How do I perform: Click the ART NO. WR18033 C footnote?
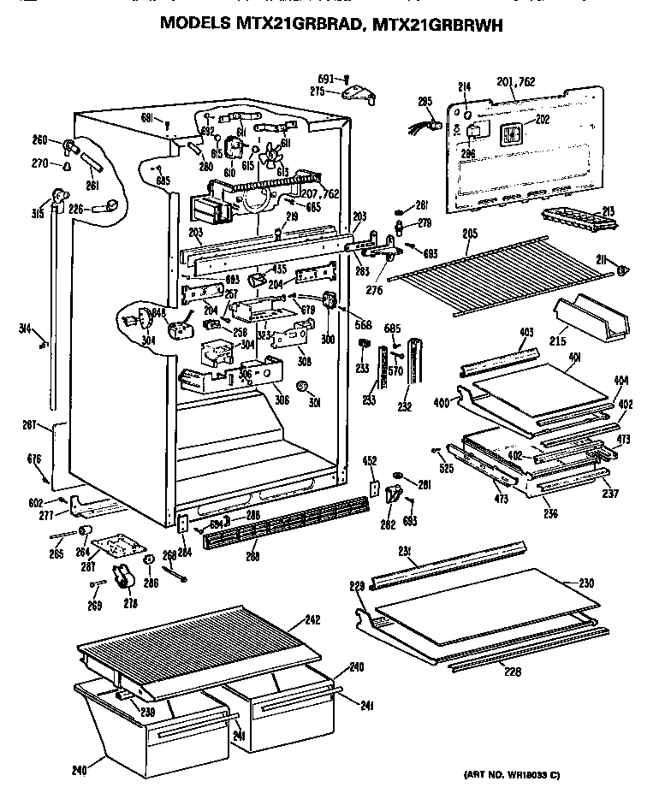point(512,775)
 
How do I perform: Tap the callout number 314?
point(28,328)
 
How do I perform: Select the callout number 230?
point(585,583)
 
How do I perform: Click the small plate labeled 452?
point(374,487)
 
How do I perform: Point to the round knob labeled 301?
point(301,388)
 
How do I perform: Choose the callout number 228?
point(513,672)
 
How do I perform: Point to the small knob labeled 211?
point(621,271)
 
